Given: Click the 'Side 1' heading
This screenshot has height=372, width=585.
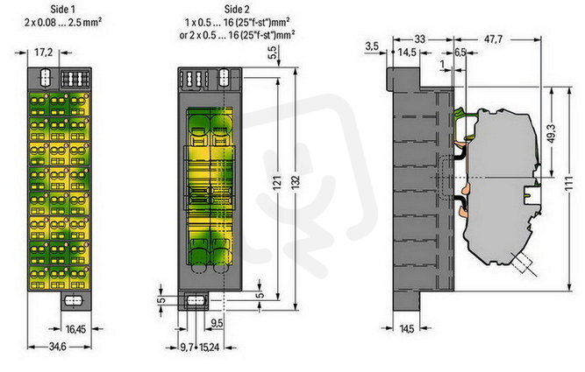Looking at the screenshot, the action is [x=62, y=9].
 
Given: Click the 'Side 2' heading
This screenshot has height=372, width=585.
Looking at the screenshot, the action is [x=237, y=9].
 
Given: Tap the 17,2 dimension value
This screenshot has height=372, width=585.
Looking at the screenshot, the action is [x=43, y=53].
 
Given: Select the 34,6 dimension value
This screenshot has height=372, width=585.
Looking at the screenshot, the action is [x=58, y=347].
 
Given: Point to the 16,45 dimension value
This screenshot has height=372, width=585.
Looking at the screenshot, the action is [x=75, y=329].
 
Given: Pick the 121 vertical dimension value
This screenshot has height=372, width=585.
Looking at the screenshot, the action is [x=277, y=184].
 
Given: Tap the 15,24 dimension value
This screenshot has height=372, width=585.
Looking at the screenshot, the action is [x=210, y=347].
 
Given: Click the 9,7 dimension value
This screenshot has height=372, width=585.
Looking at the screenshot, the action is [x=186, y=347].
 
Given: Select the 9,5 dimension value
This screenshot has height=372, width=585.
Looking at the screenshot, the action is [x=217, y=323].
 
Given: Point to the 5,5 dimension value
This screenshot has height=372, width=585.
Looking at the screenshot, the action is [x=274, y=53].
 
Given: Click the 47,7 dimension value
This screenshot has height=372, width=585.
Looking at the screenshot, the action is [x=493, y=39].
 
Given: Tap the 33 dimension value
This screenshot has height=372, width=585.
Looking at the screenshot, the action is [x=420, y=39].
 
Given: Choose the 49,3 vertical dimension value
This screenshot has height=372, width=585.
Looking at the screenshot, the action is [x=553, y=133].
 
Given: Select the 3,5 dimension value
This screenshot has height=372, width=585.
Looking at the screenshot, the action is [x=372, y=46].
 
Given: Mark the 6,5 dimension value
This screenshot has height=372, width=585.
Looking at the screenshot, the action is [x=460, y=53].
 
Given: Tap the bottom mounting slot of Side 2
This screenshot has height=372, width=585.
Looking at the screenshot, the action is [x=195, y=300].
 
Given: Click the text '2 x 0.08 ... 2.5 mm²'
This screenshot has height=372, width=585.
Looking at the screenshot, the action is [x=63, y=22].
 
